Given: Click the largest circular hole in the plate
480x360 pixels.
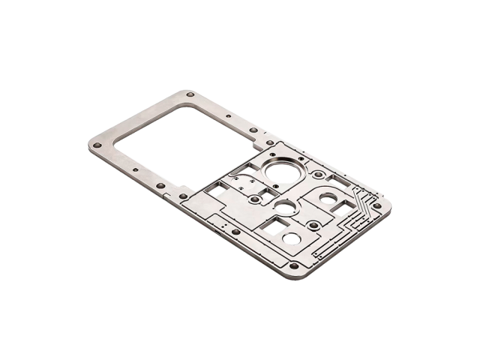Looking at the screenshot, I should click(283, 172).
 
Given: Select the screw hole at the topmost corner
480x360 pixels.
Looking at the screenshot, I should click(190, 94).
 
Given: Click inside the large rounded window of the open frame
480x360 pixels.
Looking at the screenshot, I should click(180, 139).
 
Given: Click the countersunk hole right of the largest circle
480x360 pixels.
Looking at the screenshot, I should click(319, 175).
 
